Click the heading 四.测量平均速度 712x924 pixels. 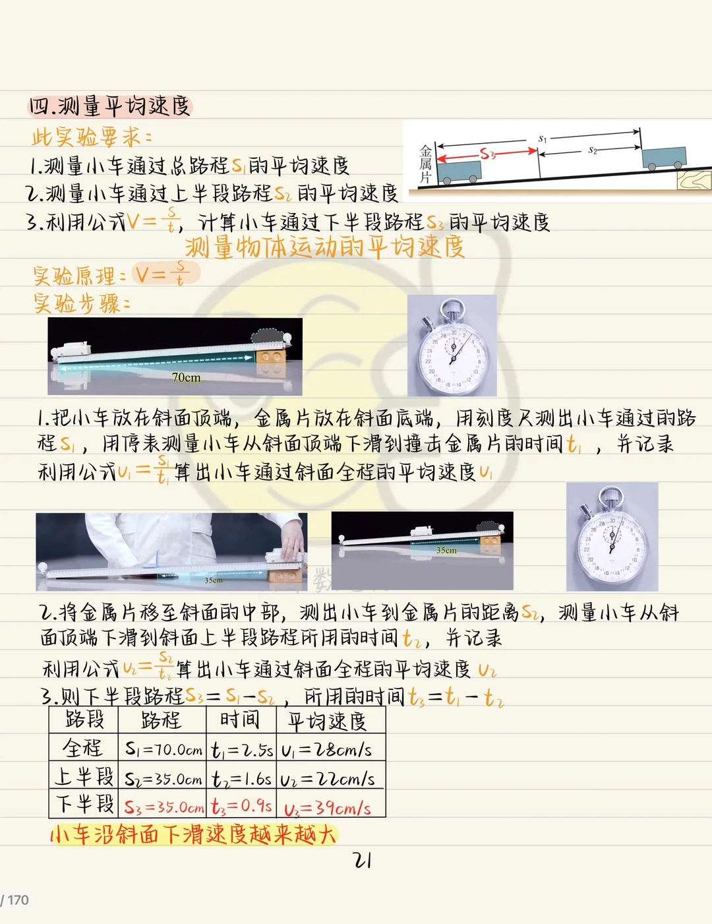point(109,106)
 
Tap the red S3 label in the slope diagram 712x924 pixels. point(488,153)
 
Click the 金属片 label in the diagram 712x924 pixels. point(425,164)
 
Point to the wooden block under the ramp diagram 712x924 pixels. point(694,180)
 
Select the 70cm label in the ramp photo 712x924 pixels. point(186,377)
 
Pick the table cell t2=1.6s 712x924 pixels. point(241,779)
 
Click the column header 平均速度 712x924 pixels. point(326,722)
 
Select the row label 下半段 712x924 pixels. point(84,804)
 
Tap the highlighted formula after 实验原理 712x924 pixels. point(165,274)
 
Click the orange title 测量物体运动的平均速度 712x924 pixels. point(325,247)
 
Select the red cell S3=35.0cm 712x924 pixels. point(164,807)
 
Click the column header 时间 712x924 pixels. point(239,720)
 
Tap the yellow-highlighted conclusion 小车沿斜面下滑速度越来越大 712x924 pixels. point(194,835)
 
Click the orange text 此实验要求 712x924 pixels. point(91,137)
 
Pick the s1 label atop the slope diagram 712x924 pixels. point(542,139)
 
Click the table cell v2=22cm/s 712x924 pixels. point(327,780)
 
